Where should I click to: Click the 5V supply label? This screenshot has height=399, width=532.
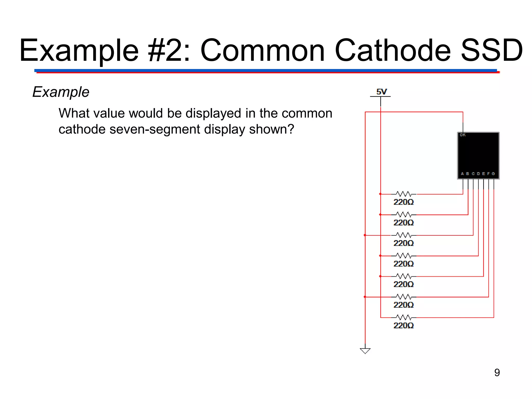point(381,92)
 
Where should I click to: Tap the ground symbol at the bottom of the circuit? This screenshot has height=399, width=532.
point(365,350)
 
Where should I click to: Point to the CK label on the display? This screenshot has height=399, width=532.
point(463,135)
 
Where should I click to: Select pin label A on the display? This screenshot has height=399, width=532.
point(462,174)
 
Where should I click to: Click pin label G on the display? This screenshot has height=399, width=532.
point(493,174)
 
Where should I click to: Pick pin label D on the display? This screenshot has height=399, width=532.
point(478,174)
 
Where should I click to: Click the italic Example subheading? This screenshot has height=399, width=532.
point(61,92)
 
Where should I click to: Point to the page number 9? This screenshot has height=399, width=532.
point(497,373)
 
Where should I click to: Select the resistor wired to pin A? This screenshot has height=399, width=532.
point(404,194)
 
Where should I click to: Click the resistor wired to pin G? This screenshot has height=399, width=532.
point(404,317)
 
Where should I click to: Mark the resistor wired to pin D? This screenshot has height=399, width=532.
point(404,256)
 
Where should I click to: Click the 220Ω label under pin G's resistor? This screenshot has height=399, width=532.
point(403,325)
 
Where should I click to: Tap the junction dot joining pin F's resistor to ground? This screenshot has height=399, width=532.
point(365,297)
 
